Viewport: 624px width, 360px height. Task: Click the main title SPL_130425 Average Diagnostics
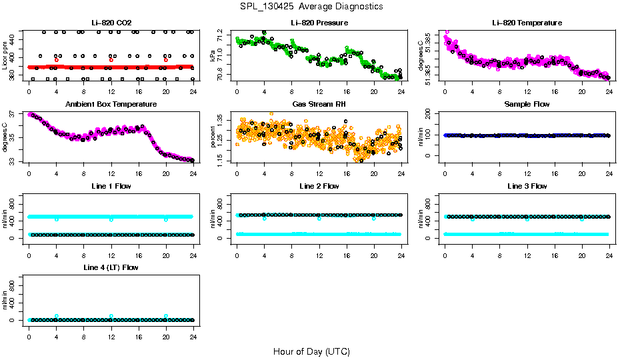311,6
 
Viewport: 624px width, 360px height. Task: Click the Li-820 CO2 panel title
111,23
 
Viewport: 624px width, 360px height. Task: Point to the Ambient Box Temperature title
111,104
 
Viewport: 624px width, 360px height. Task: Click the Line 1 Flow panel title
111,186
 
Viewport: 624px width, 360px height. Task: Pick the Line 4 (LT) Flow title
111,267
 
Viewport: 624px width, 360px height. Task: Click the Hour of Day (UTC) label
311,351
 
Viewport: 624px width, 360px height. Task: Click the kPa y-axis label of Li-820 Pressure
213,55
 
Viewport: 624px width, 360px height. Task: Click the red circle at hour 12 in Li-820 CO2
111,60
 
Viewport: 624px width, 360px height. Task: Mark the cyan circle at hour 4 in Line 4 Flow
57,316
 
